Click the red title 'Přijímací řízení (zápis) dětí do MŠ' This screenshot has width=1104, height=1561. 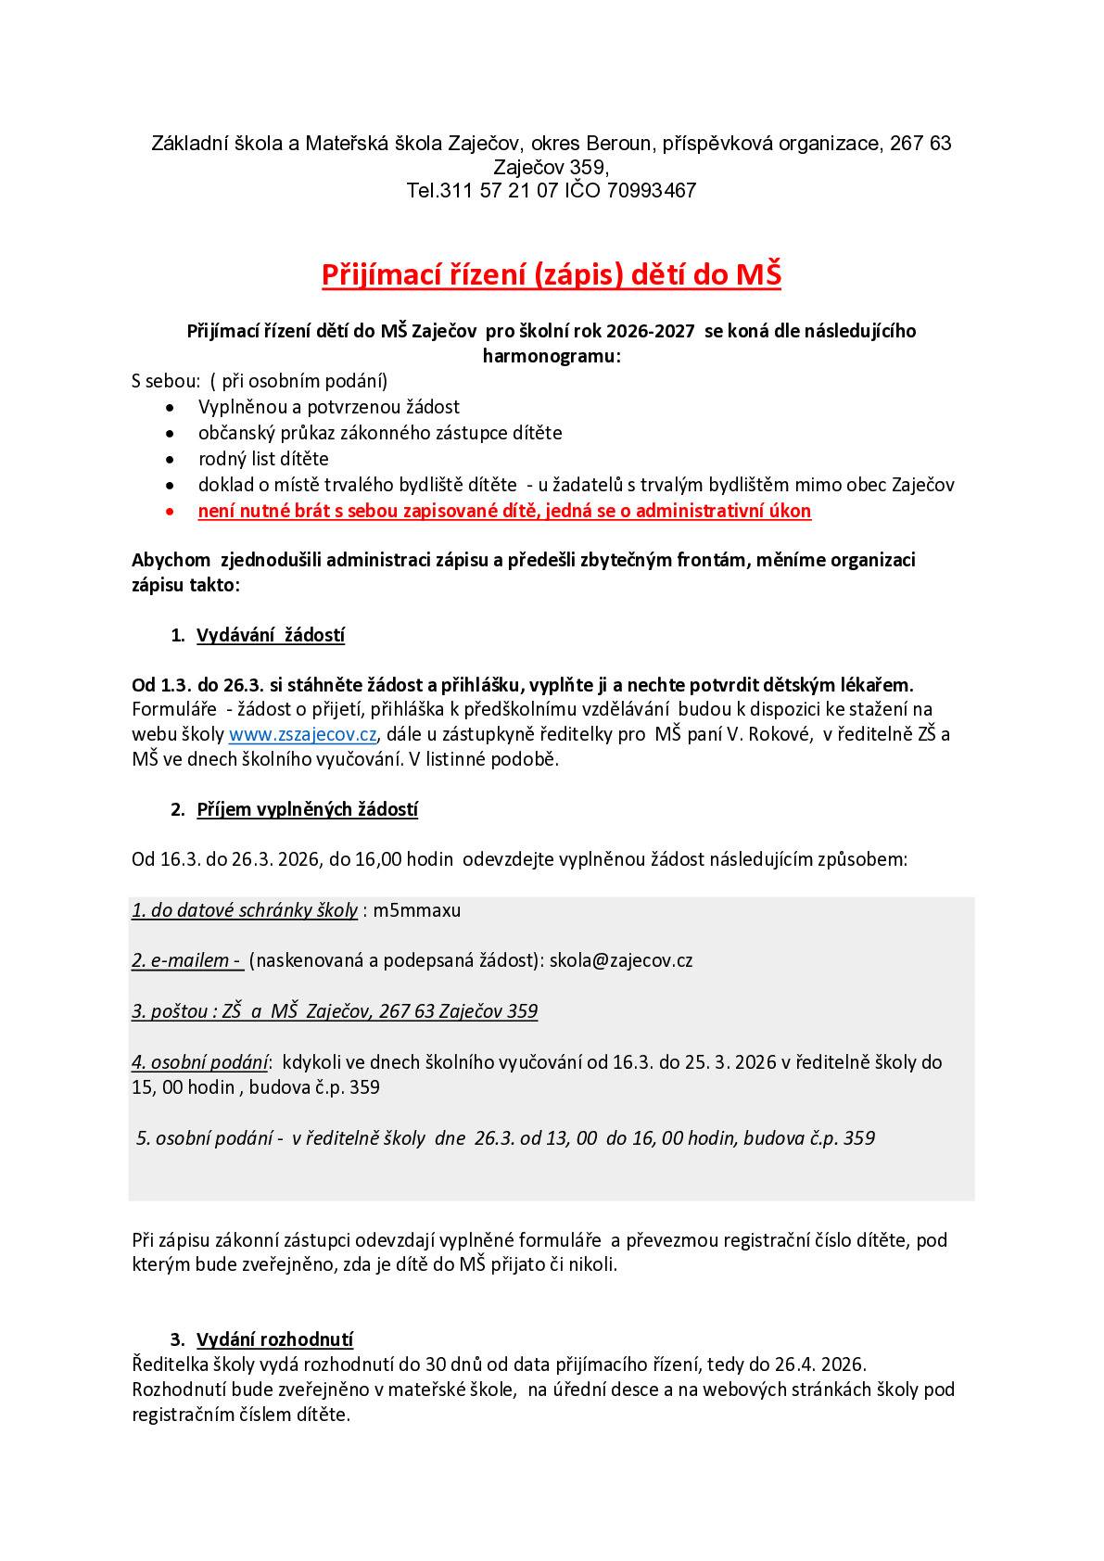pos(551,275)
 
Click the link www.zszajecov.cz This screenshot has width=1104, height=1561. pos(302,735)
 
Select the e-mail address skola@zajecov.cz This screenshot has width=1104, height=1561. pos(621,960)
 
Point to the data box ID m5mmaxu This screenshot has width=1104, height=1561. pos(417,910)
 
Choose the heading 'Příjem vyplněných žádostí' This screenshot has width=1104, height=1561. pos(307,810)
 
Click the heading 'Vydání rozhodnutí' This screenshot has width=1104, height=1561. pos(274,1339)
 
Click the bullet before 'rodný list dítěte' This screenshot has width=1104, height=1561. pos(169,460)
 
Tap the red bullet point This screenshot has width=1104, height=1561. pos(169,512)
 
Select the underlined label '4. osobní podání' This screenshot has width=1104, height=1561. pos(199,1062)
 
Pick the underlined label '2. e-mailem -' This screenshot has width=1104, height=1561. pos(186,960)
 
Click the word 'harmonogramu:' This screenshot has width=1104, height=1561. pos(551,356)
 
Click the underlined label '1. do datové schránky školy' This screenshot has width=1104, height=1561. pos(245,910)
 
